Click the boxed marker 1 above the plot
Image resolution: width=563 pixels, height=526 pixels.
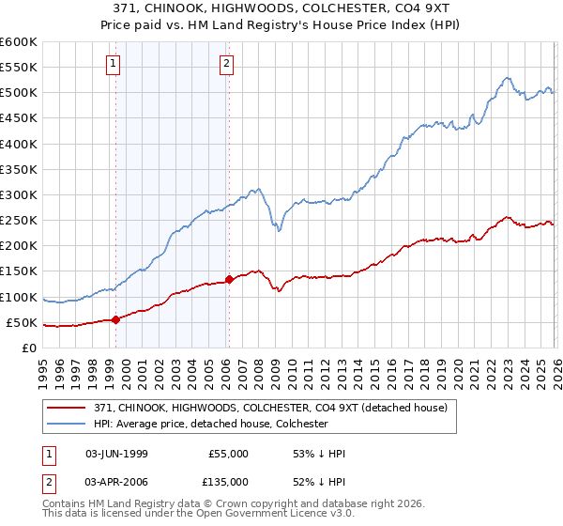pos(114,64)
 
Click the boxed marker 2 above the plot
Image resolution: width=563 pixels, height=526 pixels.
pos(227,64)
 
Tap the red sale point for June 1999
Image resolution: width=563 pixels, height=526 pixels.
pos(116,319)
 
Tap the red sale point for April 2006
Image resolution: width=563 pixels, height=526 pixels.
pos(229,279)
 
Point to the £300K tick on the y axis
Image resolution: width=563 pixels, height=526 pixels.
pos(19,195)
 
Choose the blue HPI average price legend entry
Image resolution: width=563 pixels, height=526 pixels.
pos(207,424)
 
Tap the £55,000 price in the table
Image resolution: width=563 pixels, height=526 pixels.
pos(229,454)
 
